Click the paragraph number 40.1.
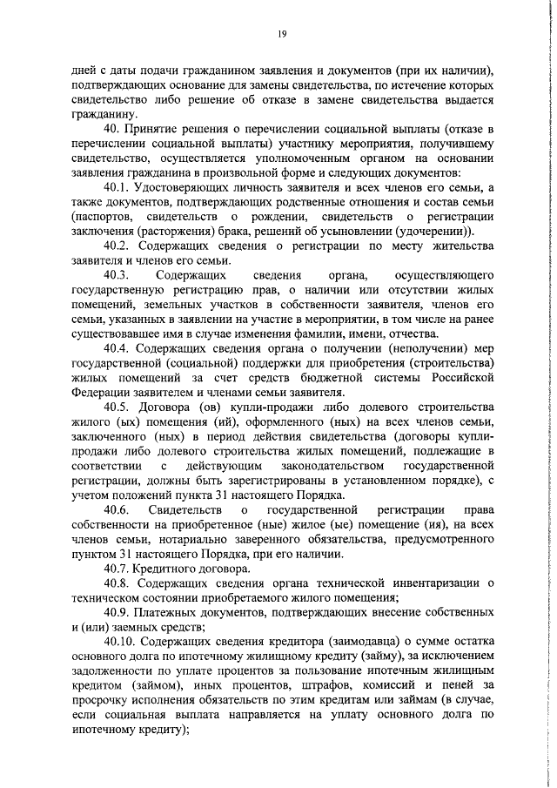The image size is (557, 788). coord(119,189)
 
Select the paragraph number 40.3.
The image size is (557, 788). coord(118,274)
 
